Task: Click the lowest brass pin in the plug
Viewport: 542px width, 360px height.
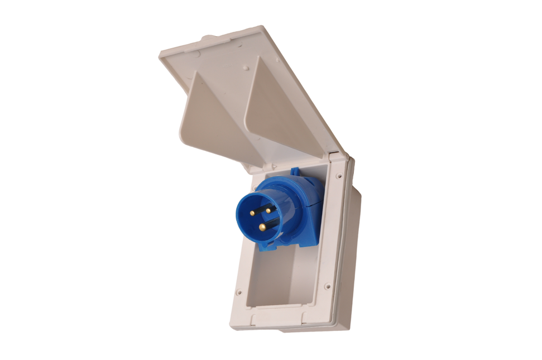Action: (x=262, y=227)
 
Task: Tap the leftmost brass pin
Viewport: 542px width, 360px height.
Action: (x=252, y=213)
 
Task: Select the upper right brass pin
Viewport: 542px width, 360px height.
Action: (x=268, y=210)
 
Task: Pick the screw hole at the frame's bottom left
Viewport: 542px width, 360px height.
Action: (x=239, y=291)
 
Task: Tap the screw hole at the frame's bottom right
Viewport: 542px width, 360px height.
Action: (x=327, y=287)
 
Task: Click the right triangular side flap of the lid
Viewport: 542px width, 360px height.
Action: (x=279, y=112)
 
